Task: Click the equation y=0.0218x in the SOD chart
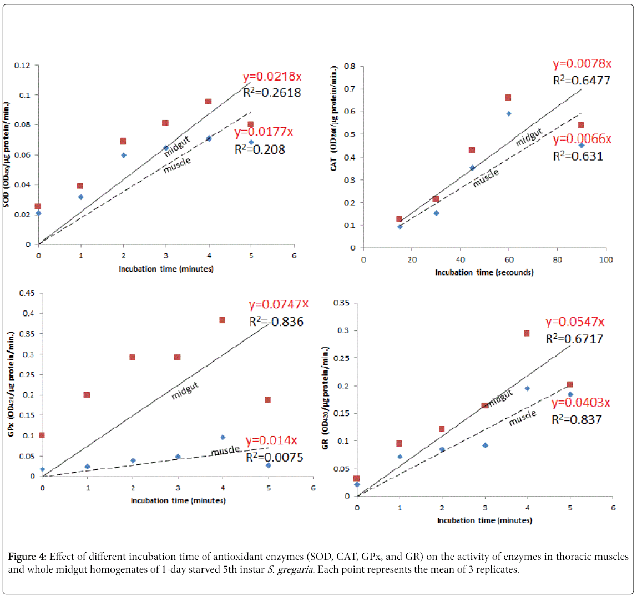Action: (272, 77)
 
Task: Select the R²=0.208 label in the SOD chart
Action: (260, 149)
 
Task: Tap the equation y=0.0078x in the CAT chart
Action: (582, 64)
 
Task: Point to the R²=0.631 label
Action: (578, 156)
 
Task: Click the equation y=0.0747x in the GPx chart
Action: (279, 304)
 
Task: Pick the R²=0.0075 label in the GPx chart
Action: (275, 457)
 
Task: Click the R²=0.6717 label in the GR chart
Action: (574, 338)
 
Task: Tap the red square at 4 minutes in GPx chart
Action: (223, 320)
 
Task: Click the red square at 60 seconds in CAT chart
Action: (508, 98)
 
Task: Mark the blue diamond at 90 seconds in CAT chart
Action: (582, 146)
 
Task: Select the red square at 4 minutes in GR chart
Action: (527, 333)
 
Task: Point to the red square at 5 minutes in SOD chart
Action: (250, 124)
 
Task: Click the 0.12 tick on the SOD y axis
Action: (23, 66)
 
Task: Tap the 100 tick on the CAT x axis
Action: (606, 260)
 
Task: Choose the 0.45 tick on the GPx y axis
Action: (26, 293)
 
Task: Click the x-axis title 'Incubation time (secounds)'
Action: (484, 272)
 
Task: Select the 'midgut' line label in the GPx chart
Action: (185, 390)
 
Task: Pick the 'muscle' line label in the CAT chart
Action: (486, 177)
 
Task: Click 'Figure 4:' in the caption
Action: (28, 557)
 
